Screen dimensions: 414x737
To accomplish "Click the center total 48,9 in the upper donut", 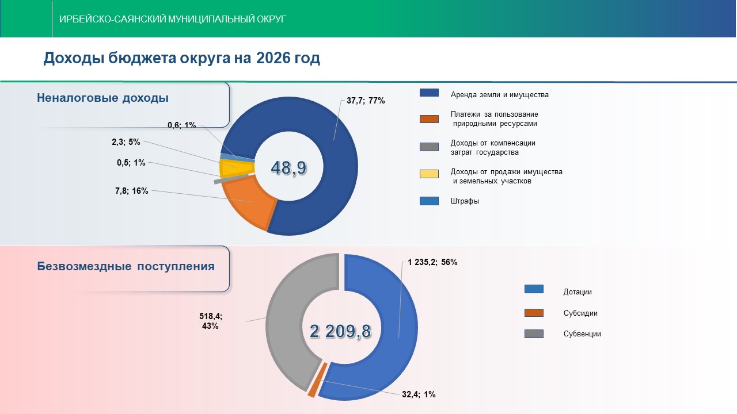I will tap(288, 168).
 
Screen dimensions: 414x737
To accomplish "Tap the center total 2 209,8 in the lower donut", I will tap(340, 331).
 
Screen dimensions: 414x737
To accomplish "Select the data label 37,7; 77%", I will tap(366, 101).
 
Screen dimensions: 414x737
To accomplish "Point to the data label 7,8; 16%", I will tap(131, 191).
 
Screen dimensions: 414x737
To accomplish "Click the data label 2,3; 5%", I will tap(126, 142).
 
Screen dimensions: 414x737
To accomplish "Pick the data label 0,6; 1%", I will tap(182, 125).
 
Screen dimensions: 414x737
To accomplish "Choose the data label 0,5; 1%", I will tap(131, 163).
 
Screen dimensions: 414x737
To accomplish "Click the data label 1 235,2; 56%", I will tap(432, 262).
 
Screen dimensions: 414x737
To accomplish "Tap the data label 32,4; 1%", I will tap(418, 394).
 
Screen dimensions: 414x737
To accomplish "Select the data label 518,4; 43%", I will tap(211, 321).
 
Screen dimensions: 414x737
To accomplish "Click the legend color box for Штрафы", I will tap(429, 201).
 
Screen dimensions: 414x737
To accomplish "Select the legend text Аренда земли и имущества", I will tap(499, 95).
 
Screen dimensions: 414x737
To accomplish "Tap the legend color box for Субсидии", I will tap(534, 313).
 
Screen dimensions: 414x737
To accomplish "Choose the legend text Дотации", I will tap(578, 292).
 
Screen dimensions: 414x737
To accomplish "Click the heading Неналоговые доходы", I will tap(102, 98).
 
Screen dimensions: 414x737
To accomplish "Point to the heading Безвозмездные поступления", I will tap(126, 267).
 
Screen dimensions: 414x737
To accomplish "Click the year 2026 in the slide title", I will tap(273, 58).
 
